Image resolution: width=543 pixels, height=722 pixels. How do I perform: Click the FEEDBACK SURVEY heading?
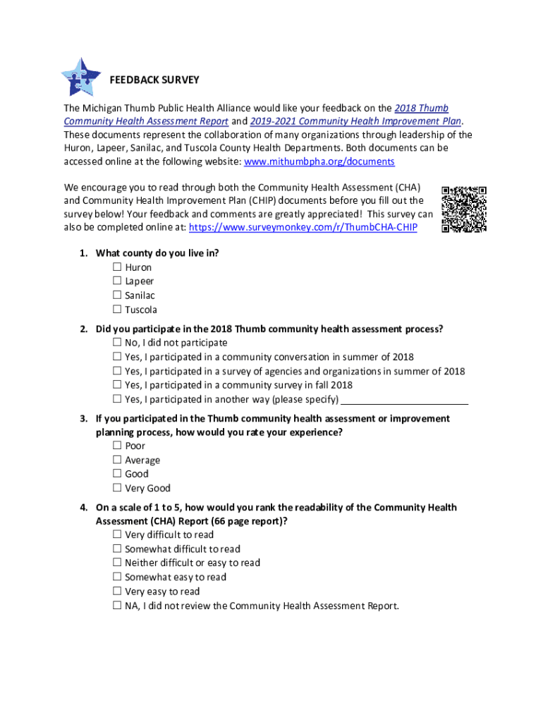[154, 80]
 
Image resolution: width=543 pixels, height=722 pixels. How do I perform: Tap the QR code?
[463, 209]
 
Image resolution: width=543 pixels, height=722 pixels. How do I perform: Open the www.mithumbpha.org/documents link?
[319, 162]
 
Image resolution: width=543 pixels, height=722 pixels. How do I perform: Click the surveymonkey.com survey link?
[303, 228]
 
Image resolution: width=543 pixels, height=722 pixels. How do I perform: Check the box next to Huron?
[117, 267]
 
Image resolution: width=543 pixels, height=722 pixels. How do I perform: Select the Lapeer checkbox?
[117, 281]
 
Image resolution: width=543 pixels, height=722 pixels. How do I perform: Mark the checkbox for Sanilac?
[117, 295]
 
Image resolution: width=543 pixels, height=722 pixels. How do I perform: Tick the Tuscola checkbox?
[117, 310]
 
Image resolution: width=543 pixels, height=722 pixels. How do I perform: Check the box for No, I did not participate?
[117, 343]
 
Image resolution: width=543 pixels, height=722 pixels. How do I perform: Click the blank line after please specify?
[404, 400]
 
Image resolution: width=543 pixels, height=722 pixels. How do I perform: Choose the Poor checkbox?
[117, 446]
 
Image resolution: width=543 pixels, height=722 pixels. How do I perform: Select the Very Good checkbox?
[117, 488]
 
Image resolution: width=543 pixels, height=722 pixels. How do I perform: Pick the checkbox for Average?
[117, 460]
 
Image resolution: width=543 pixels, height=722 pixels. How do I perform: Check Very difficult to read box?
[117, 534]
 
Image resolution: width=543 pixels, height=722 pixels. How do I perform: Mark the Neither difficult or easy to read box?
[117, 563]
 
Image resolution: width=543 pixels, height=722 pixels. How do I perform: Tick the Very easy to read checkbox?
[117, 592]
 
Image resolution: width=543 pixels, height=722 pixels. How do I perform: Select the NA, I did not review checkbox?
[117, 606]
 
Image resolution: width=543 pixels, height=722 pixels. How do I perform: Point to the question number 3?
[83, 419]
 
